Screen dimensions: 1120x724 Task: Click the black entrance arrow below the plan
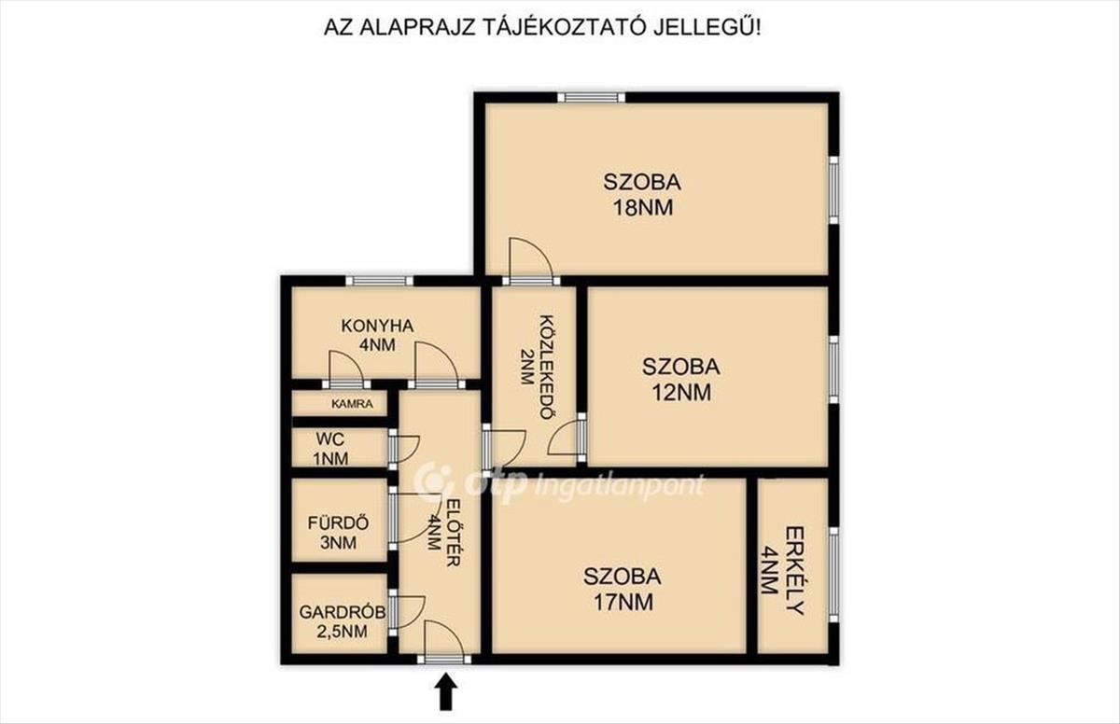[447, 691]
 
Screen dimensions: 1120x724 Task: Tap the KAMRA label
[352, 404]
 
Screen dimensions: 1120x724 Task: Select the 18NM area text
[643, 207]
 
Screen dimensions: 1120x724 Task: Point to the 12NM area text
[681, 393]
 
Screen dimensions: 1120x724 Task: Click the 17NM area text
[623, 602]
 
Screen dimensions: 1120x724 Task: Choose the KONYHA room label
[377, 326]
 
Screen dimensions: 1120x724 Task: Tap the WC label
[330, 439]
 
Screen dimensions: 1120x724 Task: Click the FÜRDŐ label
[339, 522]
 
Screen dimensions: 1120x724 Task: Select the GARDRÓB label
[343, 612]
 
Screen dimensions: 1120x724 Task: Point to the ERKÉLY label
[795, 571]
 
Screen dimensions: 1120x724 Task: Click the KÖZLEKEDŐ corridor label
[548, 368]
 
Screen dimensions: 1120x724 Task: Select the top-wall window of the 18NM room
[592, 97]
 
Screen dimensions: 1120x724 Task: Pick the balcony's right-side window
[833, 575]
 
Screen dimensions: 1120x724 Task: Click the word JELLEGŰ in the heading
[702, 27]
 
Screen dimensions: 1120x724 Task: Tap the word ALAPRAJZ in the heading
[417, 28]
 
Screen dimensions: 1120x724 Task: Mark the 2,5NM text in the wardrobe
[342, 632]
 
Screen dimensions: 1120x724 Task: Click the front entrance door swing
[443, 637]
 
